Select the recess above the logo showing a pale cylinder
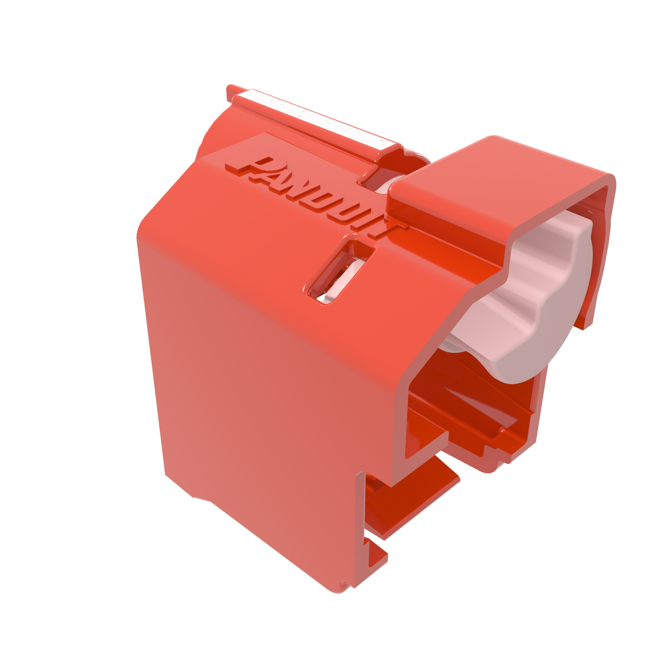387,180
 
